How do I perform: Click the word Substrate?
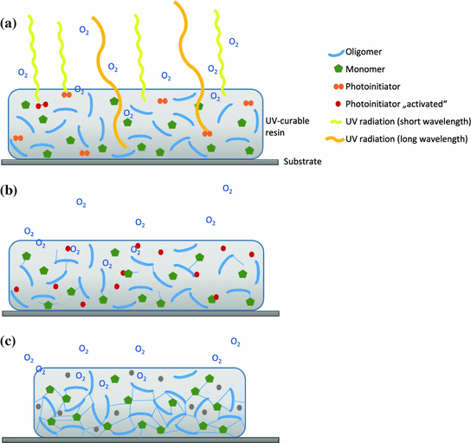(x=304, y=162)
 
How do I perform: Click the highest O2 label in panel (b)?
(x=227, y=188)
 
